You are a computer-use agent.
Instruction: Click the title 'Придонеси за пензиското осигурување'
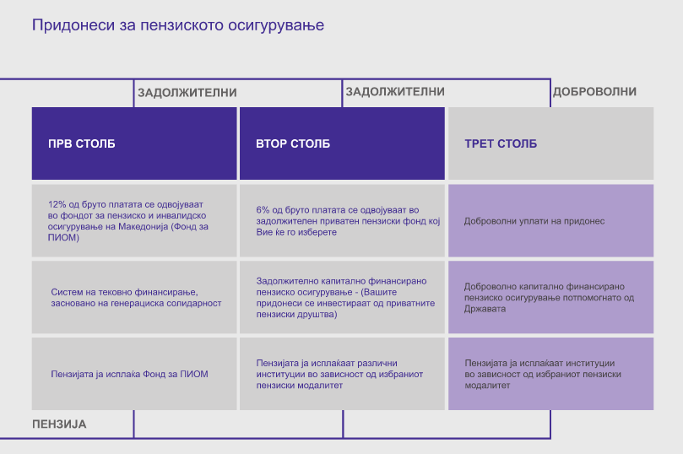click(x=178, y=25)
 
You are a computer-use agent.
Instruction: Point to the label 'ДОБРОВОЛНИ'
click(x=594, y=91)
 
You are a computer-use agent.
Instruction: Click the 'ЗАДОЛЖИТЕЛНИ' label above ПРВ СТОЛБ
click(x=187, y=92)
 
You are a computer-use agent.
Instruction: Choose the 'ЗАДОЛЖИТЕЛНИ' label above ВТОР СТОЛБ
click(x=395, y=91)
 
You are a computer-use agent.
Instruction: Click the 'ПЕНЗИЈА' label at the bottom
click(x=59, y=424)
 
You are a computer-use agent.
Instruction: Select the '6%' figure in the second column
click(x=263, y=210)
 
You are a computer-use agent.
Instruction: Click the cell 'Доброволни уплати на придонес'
click(x=551, y=221)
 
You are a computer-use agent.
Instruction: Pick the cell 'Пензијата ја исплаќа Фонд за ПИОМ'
click(x=134, y=374)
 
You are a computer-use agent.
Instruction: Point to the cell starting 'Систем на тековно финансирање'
click(x=134, y=297)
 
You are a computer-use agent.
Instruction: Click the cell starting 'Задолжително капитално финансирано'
click(x=343, y=297)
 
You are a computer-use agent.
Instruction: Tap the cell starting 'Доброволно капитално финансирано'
click(x=551, y=297)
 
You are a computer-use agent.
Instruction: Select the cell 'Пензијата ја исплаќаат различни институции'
click(x=343, y=374)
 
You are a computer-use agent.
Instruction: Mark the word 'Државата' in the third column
click(x=485, y=309)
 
